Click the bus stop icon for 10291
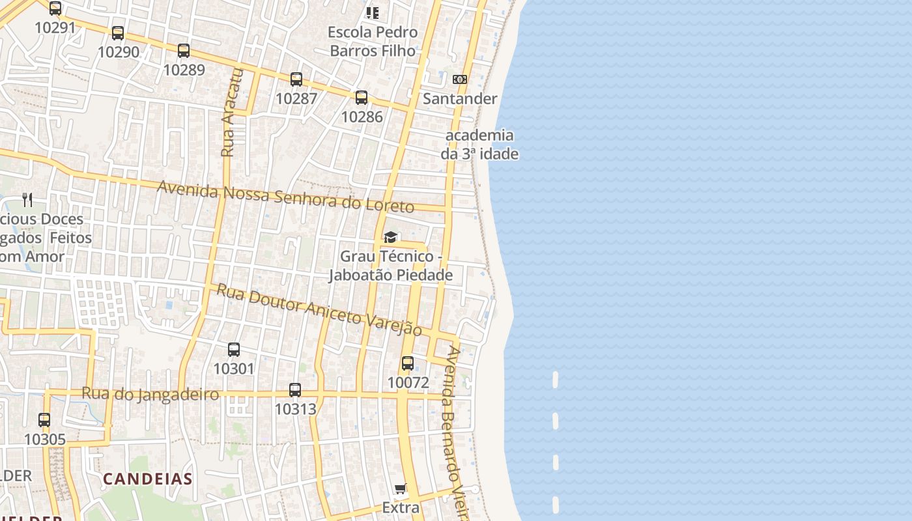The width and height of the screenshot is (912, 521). pos(55,8)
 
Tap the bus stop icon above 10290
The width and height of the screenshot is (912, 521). pos(118,33)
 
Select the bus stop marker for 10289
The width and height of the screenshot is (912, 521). pos(184,50)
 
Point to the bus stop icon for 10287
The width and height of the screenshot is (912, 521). pos(296,79)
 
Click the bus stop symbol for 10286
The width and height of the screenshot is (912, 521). pos(362,98)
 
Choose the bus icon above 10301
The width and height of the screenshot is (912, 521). pos(234,350)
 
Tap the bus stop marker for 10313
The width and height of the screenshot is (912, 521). pos(295,390)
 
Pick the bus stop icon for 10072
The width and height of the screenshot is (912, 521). pos(408,363)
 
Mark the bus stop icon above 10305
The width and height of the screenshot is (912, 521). pos(44,420)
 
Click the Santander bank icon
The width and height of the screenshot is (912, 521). pos(460,79)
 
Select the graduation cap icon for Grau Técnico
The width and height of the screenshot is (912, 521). pos(390,237)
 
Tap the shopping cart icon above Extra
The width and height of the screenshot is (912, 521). pos(401,489)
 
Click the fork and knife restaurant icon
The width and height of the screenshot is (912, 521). pos(27,199)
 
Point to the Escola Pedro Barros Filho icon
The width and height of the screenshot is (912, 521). pos(373,12)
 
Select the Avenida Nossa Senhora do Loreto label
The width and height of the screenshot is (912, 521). pos(285,197)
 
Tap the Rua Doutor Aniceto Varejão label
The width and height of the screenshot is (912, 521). pos(319,309)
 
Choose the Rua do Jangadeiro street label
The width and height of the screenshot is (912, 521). pos(150,394)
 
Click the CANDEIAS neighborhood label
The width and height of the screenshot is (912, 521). pos(148,479)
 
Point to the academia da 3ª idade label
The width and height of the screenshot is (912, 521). pos(479,145)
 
